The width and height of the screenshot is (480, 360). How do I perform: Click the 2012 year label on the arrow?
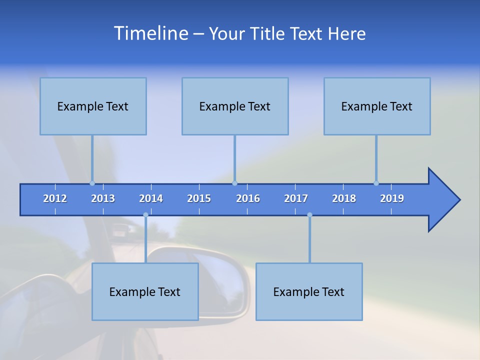55,198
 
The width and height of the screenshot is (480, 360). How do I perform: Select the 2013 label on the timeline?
103,198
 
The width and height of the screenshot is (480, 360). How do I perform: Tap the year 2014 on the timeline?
151,198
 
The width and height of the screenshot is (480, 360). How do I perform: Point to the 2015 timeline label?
199,198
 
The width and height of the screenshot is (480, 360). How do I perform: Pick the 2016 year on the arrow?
248,198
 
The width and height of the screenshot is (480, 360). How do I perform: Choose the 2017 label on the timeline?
296,198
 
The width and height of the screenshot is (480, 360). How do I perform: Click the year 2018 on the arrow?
344,198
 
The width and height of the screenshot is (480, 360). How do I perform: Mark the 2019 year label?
392,198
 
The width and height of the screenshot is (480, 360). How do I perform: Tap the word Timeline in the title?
150,33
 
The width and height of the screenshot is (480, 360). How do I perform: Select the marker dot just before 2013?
92,183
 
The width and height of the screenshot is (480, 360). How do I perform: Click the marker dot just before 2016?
234,183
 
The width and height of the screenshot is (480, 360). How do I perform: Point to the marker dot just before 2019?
376,183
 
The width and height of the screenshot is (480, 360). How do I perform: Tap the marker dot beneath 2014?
145,215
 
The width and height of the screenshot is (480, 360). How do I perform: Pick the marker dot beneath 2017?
309,215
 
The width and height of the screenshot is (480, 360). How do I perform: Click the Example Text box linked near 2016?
235,106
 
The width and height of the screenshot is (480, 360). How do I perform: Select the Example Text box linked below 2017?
309,291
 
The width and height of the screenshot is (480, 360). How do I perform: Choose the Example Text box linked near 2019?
377,106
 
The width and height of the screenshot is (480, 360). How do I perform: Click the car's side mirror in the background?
220,280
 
